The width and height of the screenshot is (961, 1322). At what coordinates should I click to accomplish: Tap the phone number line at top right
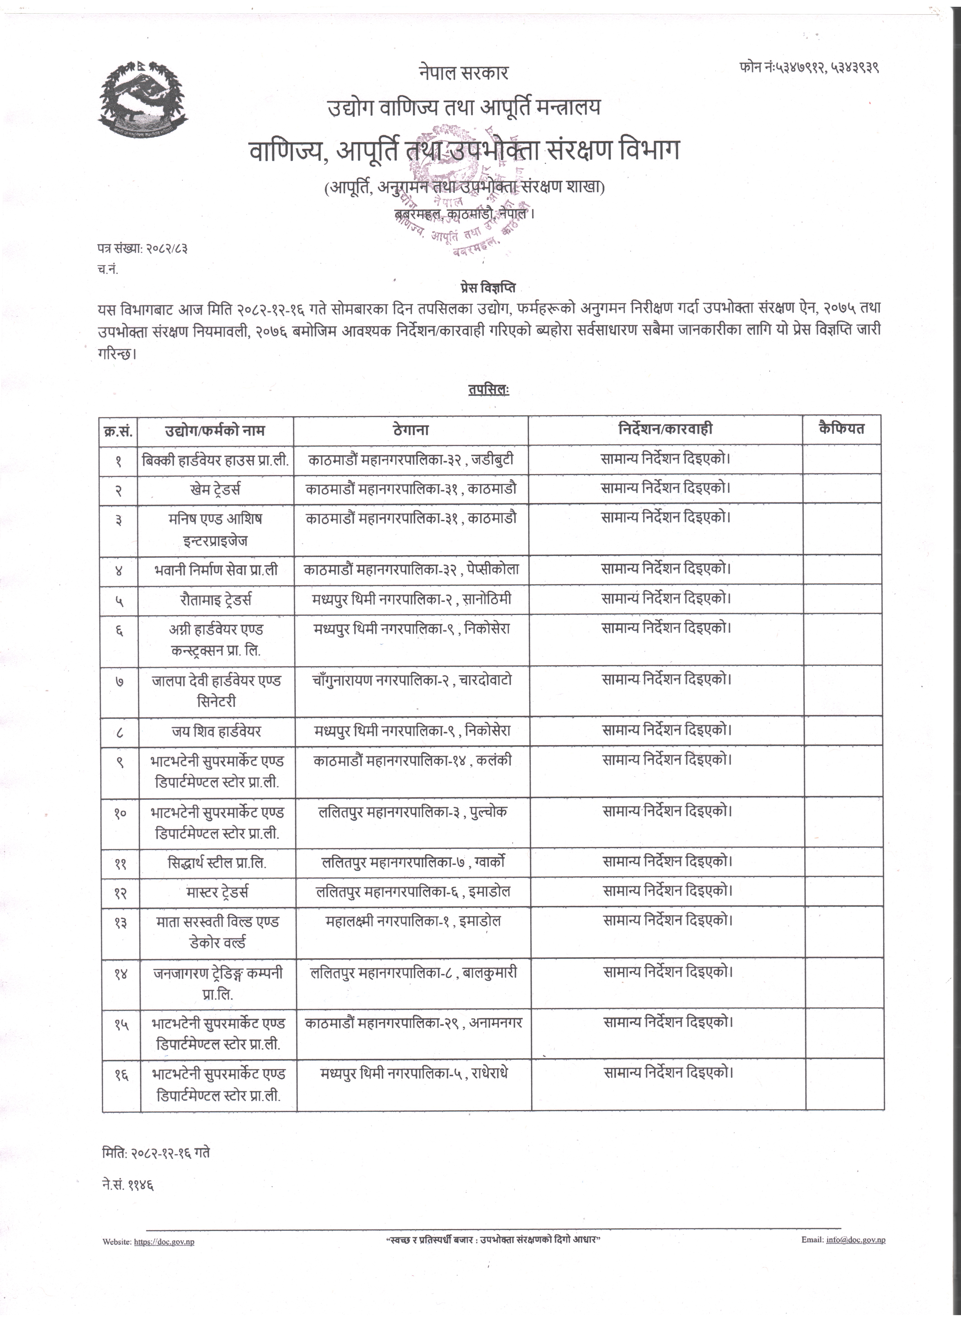(x=809, y=68)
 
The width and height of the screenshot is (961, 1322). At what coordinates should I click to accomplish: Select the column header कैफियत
(x=841, y=428)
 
